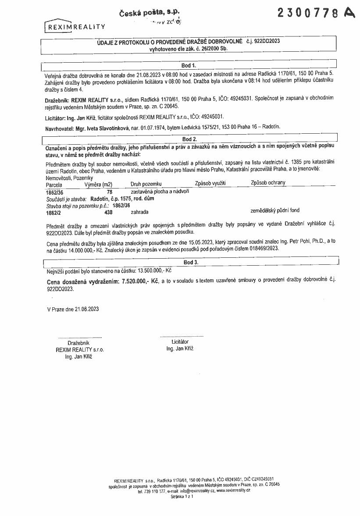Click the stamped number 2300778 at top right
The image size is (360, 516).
tap(309, 14)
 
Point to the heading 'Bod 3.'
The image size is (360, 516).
tap(191, 262)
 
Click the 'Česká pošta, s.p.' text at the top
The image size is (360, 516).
tap(150, 13)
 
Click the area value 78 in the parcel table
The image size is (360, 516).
tap(110, 192)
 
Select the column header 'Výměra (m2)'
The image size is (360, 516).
tap(98, 185)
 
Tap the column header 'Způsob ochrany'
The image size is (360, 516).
tap(268, 183)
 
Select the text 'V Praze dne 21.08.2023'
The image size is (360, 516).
tap(73, 309)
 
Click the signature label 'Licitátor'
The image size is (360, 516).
tap(180, 342)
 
